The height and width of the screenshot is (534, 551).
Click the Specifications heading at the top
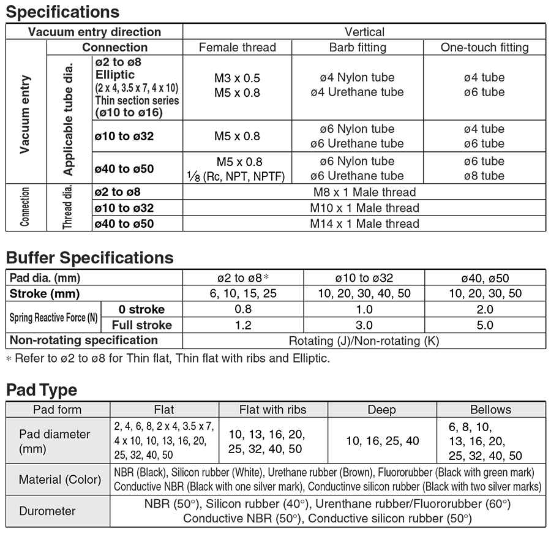62,12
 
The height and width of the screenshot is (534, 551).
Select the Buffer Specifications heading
89,257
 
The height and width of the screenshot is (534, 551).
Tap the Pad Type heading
42,389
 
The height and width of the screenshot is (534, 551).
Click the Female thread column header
238,47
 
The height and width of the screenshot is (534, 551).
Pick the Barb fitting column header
358,47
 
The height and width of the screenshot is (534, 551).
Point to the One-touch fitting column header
484,47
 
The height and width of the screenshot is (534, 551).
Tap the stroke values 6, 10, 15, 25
243,293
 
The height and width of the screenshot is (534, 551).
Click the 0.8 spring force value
243,309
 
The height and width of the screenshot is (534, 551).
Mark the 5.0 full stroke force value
484,325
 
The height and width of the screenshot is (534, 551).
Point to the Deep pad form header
381,410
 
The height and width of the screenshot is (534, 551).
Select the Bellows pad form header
490,410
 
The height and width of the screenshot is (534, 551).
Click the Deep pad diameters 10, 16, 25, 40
381,441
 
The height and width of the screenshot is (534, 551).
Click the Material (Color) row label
59,479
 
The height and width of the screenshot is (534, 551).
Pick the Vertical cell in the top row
364,32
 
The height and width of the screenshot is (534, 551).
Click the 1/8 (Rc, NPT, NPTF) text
237,176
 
